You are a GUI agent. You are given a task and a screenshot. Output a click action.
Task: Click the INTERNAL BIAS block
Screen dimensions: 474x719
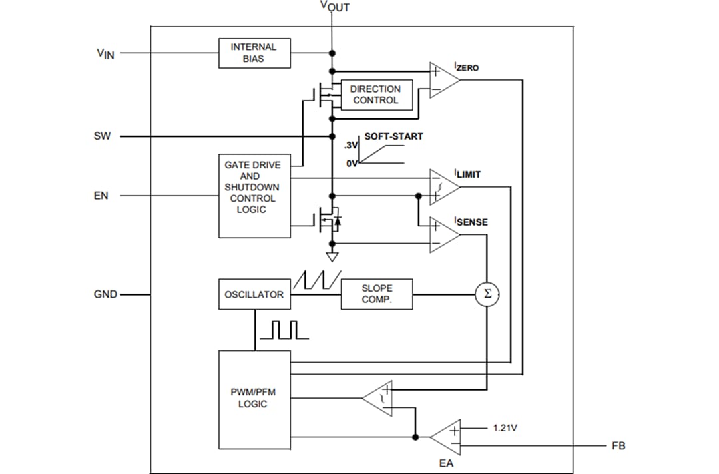[255, 53]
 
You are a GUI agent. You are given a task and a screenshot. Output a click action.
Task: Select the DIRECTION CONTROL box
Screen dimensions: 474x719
[375, 95]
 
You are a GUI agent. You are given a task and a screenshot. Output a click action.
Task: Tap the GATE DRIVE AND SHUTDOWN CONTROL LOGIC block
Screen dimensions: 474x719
[255, 196]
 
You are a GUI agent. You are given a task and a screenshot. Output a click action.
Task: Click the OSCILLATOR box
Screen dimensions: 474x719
[255, 294]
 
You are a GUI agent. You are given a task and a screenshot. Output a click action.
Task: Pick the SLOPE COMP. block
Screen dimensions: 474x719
[377, 294]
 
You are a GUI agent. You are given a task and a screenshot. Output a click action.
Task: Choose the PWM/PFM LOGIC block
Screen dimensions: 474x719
[255, 399]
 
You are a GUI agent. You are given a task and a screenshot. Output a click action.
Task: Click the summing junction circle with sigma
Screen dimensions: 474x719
[487, 294]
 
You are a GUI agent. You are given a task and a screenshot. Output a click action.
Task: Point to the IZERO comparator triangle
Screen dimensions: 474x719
[443, 81]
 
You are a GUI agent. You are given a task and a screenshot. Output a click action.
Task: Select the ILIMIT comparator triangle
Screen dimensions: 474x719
[443, 187]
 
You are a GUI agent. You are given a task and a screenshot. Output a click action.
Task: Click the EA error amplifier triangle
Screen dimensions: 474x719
[447, 437]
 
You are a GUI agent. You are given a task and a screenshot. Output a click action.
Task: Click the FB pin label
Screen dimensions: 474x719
[618, 445]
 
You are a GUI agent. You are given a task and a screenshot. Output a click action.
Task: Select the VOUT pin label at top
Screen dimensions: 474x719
[334, 7]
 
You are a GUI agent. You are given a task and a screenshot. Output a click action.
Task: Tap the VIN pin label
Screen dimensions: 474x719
[105, 53]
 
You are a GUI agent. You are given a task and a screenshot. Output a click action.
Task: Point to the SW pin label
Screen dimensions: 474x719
[103, 136]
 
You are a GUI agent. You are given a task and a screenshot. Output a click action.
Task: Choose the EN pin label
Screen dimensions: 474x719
[101, 196]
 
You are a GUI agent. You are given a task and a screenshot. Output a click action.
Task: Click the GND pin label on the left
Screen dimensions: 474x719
[105, 294]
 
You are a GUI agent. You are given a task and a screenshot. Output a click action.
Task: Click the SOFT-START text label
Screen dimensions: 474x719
[393, 136]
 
